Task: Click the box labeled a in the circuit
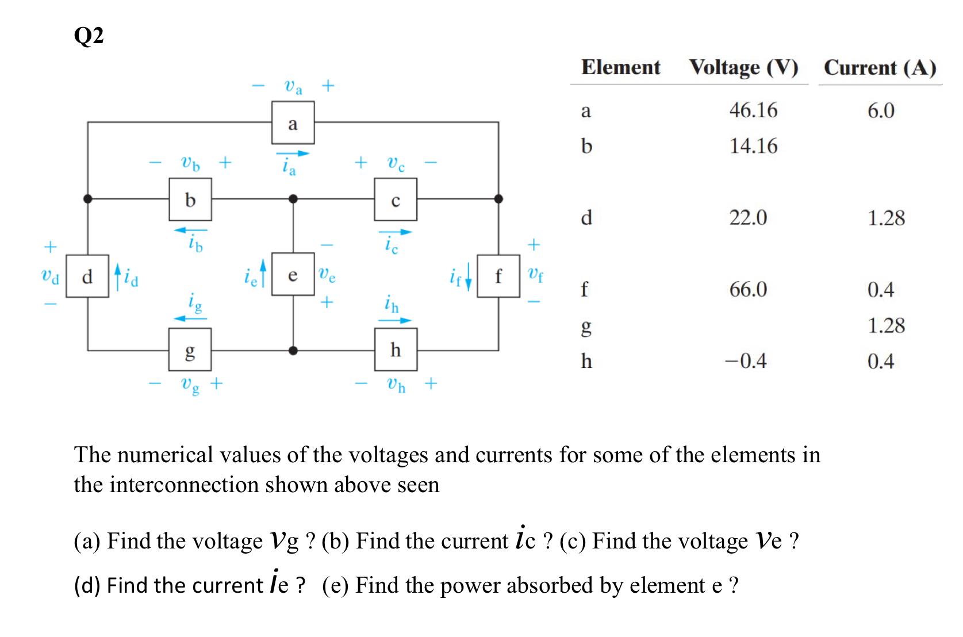(x=293, y=122)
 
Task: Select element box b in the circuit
(x=190, y=199)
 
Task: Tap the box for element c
(x=396, y=199)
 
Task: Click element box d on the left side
(x=87, y=276)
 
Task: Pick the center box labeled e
(x=293, y=274)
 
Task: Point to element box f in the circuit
(x=498, y=276)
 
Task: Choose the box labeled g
(x=190, y=349)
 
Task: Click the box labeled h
(x=396, y=349)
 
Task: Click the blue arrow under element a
(x=293, y=154)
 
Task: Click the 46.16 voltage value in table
(x=753, y=110)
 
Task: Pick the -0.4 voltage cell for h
(x=746, y=361)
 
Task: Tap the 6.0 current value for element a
(x=881, y=110)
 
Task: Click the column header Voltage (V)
(x=744, y=67)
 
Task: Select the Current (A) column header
(x=880, y=67)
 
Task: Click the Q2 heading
(x=89, y=36)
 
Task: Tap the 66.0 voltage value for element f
(x=748, y=289)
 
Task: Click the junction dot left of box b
(x=87, y=199)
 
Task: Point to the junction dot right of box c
(x=498, y=199)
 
